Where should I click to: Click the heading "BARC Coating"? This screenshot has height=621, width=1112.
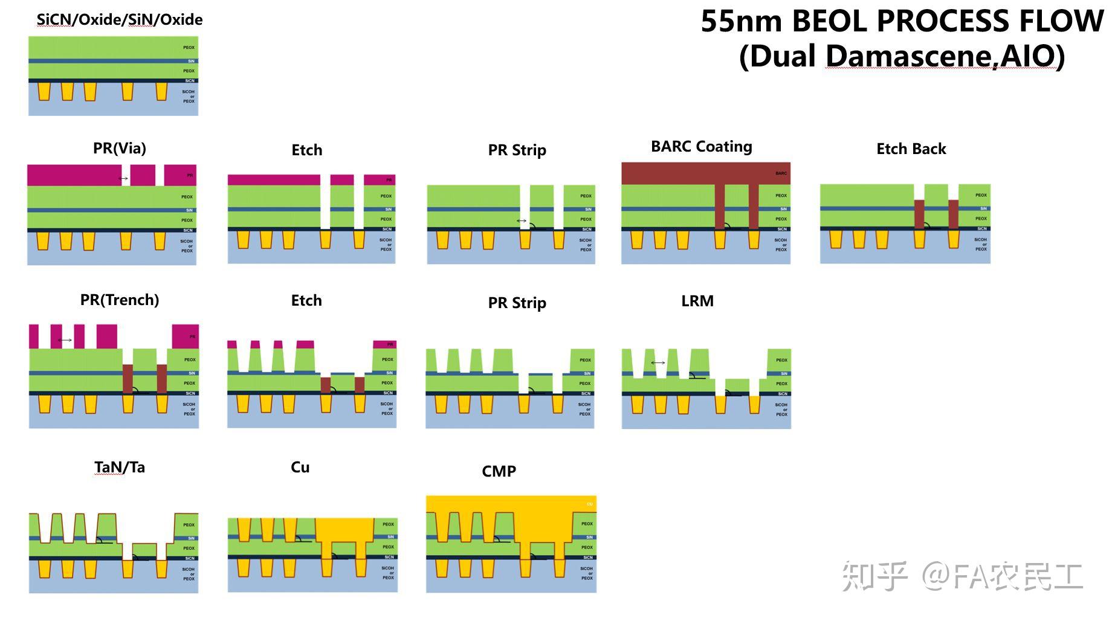click(701, 147)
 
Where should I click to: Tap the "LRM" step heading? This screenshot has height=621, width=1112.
click(697, 301)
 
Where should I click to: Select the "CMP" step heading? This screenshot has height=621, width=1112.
click(499, 471)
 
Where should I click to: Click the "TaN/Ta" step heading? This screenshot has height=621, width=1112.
click(119, 467)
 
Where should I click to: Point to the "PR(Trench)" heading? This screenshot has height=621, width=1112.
click(119, 300)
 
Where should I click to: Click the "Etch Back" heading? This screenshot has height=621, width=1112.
click(911, 149)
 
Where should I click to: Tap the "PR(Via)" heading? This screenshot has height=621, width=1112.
click(119, 148)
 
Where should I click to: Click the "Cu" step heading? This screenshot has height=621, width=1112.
click(300, 467)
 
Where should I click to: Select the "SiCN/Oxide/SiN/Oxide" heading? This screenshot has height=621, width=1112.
click(119, 19)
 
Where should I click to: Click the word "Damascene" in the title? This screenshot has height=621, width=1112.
click(909, 56)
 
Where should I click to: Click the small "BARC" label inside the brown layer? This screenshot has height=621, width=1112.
click(781, 173)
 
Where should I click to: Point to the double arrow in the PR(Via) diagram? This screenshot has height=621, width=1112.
click(124, 178)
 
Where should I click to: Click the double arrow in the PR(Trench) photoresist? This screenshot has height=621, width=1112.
click(65, 340)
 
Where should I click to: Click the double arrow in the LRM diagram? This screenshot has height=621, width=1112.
click(658, 362)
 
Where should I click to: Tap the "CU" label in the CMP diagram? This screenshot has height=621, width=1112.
click(589, 504)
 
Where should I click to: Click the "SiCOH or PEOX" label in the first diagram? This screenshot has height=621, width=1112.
click(189, 97)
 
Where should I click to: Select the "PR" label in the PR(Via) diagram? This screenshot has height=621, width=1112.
click(190, 175)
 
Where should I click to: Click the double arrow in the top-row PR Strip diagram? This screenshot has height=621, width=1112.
click(522, 220)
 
